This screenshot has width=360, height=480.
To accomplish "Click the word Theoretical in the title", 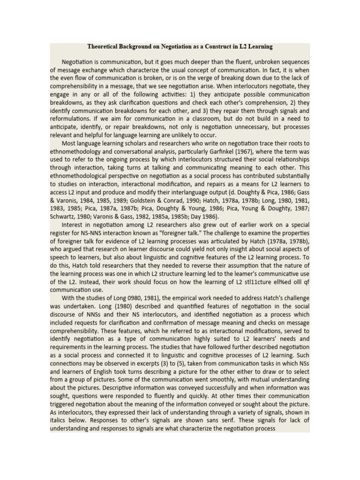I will [x=104, y=47].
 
